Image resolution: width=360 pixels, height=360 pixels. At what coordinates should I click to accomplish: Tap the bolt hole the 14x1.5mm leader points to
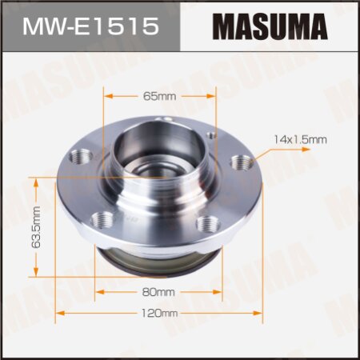click(237, 163)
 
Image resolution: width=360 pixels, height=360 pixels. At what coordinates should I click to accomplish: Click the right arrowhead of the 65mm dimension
click(215, 96)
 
